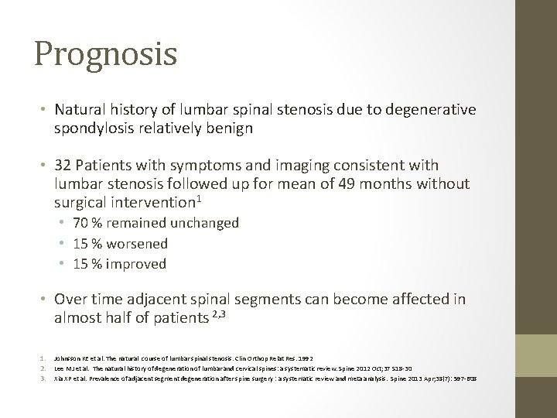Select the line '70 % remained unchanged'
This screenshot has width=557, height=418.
click(155, 223)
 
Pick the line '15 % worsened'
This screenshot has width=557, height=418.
click(120, 243)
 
